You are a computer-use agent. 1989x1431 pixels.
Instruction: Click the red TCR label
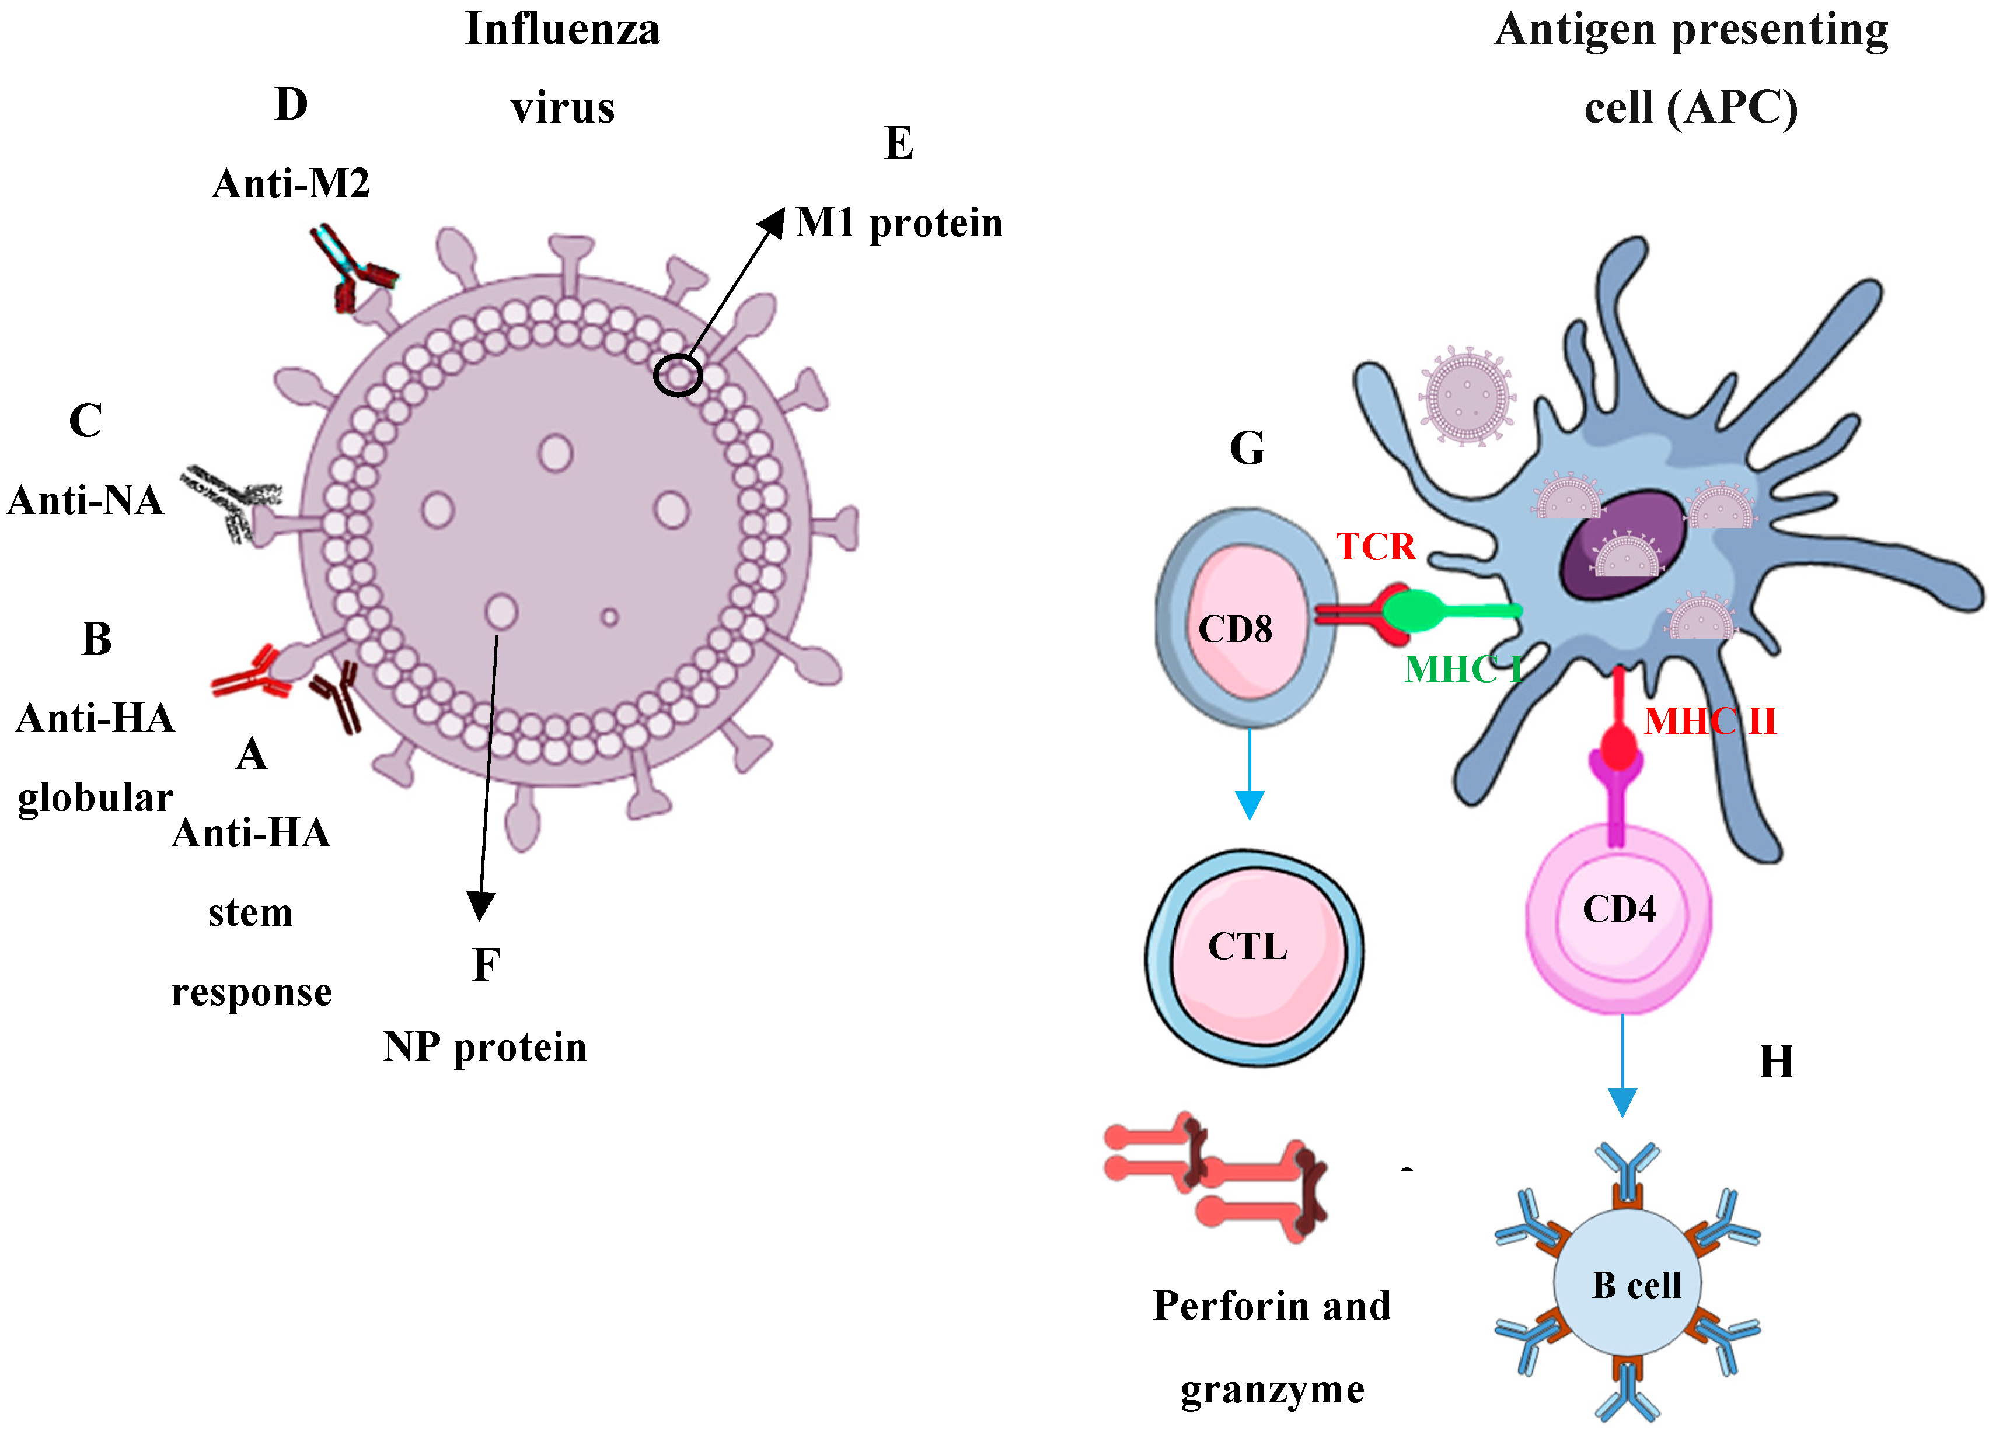1375,547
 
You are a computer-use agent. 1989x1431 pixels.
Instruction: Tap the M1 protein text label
899,223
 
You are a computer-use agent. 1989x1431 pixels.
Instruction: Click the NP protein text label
485,1047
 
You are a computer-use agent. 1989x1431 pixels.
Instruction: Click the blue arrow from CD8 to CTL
1249,772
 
